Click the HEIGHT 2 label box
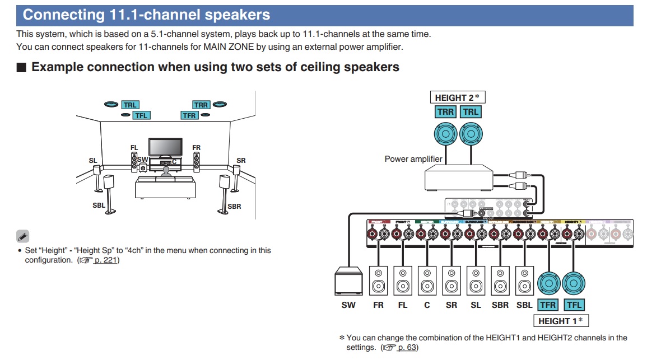[x=457, y=97]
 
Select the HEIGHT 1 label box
[x=561, y=321]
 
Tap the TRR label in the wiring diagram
[x=446, y=112]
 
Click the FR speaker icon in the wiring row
[x=379, y=280]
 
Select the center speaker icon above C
[x=427, y=280]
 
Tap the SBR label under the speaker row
[x=500, y=305]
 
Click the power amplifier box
[x=459, y=180]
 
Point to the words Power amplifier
[x=413, y=159]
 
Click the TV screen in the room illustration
[x=165, y=147]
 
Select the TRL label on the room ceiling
[x=130, y=105]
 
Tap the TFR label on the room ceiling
[x=189, y=115]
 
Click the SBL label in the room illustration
[x=99, y=205]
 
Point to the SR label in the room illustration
[x=241, y=161]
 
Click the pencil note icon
[x=22, y=236]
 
